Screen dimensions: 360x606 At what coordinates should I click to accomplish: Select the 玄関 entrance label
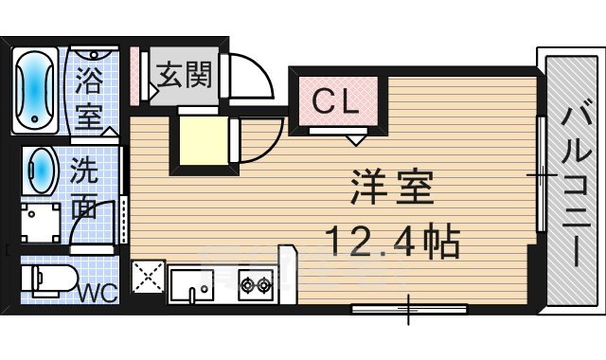point(184,71)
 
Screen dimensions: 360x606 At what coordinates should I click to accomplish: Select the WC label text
point(98,292)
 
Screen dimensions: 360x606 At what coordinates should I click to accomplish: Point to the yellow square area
point(200,139)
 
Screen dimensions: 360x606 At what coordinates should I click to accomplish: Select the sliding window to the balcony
point(539,175)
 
